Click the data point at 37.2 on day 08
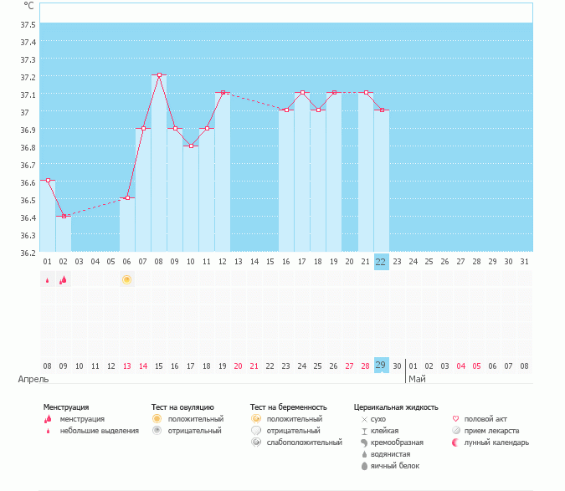coord(159,75)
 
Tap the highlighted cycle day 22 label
coord(382,262)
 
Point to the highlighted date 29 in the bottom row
coord(382,366)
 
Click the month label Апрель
coord(28,379)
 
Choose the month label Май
coord(417,379)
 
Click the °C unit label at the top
coord(29,6)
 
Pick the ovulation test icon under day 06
coord(127,279)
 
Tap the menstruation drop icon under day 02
coord(64,280)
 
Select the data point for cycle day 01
coord(48,180)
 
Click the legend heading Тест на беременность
coord(288,407)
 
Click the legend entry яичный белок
coord(395,465)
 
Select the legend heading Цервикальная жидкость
coord(396,407)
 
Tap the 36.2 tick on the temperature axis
coord(28,253)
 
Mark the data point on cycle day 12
coord(223,93)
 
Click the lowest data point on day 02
coord(64,216)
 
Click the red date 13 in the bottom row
coord(127,366)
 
